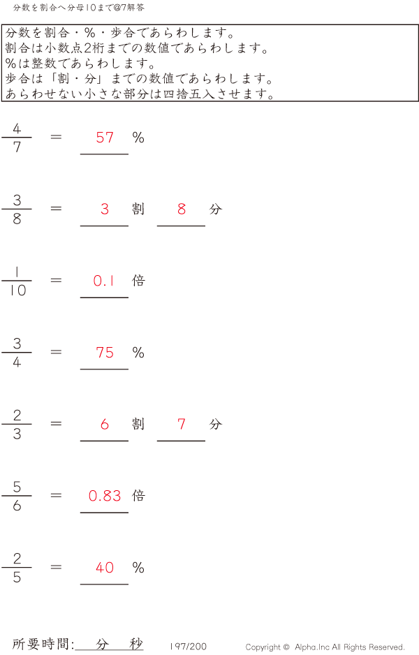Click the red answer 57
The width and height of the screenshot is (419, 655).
pos(105,138)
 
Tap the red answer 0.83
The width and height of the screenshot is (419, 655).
pos(105,496)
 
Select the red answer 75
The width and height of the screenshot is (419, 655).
pos(105,353)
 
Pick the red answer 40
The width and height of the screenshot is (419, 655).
pos(105,567)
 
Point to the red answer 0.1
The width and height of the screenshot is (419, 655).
pos(104,281)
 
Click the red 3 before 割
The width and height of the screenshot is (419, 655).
pos(105,209)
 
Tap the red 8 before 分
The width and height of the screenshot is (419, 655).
pos(182,209)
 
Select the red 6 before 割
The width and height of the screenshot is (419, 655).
pos(105,425)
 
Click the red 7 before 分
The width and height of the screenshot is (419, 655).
pos(182,425)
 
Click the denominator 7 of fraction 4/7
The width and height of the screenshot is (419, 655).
pos(17,147)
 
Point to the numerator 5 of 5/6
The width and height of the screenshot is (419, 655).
pos(17,487)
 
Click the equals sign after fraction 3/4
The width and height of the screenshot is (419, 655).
pos(56,352)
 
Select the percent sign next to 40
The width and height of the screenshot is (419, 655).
pos(138,567)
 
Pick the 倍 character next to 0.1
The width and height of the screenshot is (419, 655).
pos(138,280)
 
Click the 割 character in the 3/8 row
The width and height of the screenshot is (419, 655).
pos(138,209)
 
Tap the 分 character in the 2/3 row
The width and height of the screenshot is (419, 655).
pos(216,424)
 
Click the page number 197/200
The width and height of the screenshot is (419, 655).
pos(188,647)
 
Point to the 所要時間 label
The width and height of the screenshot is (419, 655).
pos(41,644)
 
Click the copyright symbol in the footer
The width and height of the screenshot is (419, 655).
pos(286,647)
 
